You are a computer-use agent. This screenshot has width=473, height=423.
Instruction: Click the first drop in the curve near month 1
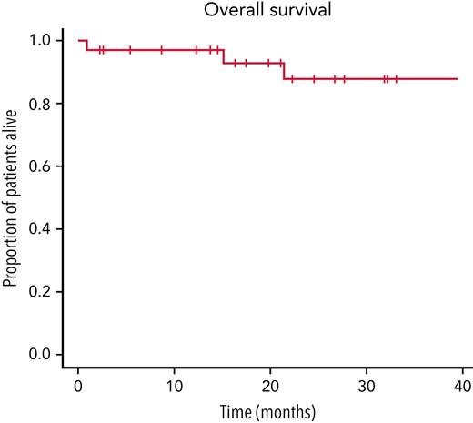(86, 45)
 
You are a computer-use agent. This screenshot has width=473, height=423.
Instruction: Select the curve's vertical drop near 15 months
(223, 56)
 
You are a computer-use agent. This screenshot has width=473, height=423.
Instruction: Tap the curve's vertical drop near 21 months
(284, 71)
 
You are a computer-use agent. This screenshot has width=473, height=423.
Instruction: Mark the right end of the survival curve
(457, 79)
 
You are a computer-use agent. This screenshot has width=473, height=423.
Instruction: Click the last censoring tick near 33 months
(396, 79)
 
